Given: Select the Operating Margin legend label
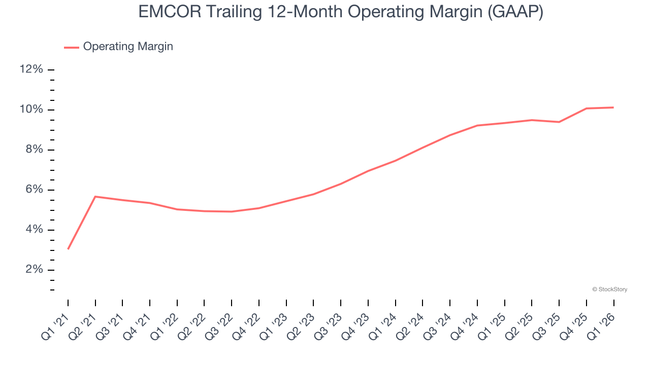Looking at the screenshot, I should pos(128,47).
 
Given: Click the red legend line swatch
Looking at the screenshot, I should pos(72,47).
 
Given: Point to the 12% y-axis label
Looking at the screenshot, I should pos(31,69).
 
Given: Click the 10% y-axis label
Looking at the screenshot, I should pos(31,109).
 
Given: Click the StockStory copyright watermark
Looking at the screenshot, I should pos(609,289).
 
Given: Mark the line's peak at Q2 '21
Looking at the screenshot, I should pos(95,197).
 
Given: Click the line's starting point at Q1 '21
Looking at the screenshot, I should pos(68,249).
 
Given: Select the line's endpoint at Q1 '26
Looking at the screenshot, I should pos(613,107).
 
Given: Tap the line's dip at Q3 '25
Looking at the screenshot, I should pos(559,122).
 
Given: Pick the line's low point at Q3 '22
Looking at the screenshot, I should pos(232,211).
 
